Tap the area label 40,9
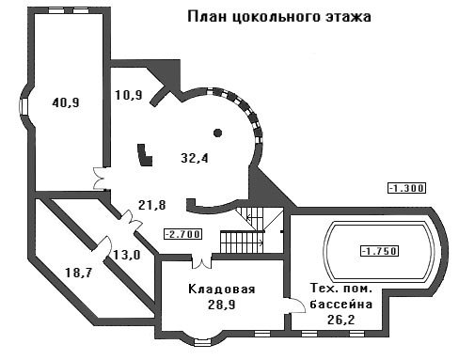point(66,102)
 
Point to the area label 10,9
point(129,95)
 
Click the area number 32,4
point(195,158)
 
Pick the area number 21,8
point(151,205)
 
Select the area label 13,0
point(126,255)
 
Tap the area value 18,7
point(79,273)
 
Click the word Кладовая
point(222,289)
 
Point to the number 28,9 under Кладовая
point(221,305)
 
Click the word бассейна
point(341,304)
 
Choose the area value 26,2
point(340,320)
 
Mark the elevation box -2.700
point(182,234)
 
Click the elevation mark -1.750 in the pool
point(380,251)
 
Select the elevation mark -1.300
point(407,188)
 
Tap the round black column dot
point(217,133)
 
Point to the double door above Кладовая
point(201,262)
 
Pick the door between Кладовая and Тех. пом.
point(294,305)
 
